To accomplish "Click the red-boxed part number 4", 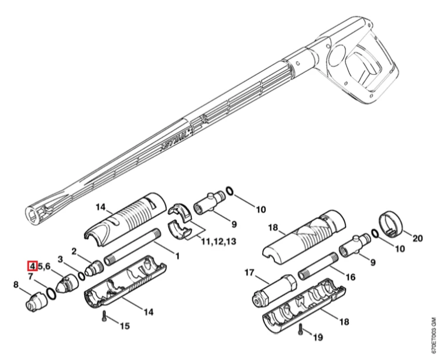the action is coord(32,266).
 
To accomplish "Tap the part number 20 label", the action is coord(417,238).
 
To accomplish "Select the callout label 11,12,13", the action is coord(219,241).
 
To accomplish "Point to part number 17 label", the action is coord(249,272).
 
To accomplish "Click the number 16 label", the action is coord(350,277).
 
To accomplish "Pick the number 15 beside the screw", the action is coord(125,326).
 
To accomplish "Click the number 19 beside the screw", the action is coord(317,337).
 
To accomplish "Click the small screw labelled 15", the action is coord(105,316).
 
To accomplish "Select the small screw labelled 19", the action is coord(301,329).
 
